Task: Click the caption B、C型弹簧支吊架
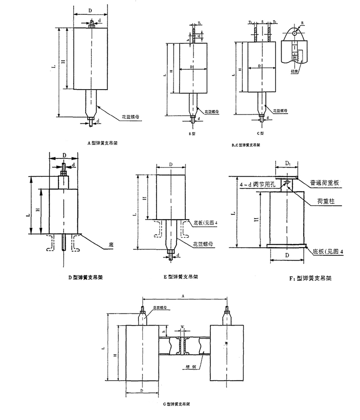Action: coord(247,146)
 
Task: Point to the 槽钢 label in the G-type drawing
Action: coord(189,365)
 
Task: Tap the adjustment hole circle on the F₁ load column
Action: coord(286,182)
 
